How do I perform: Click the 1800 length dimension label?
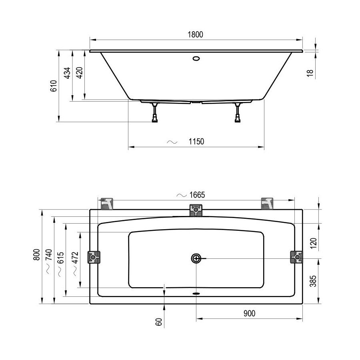coord(195,34)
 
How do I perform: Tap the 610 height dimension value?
coord(53,86)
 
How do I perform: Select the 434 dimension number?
coord(67,73)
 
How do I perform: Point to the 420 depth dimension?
coord(79,73)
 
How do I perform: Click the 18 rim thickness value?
coord(310,73)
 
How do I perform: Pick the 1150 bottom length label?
coord(196,142)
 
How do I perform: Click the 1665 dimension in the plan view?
coord(197,195)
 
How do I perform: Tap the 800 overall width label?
coord(36,255)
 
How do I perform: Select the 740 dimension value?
coord(49,255)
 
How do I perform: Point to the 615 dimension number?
coord(60,258)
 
